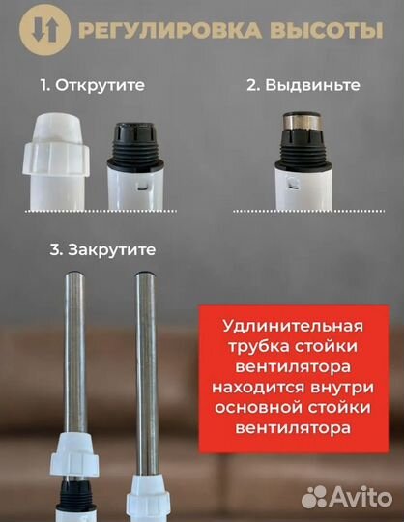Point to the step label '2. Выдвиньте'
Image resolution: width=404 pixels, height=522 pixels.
click(x=303, y=85)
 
